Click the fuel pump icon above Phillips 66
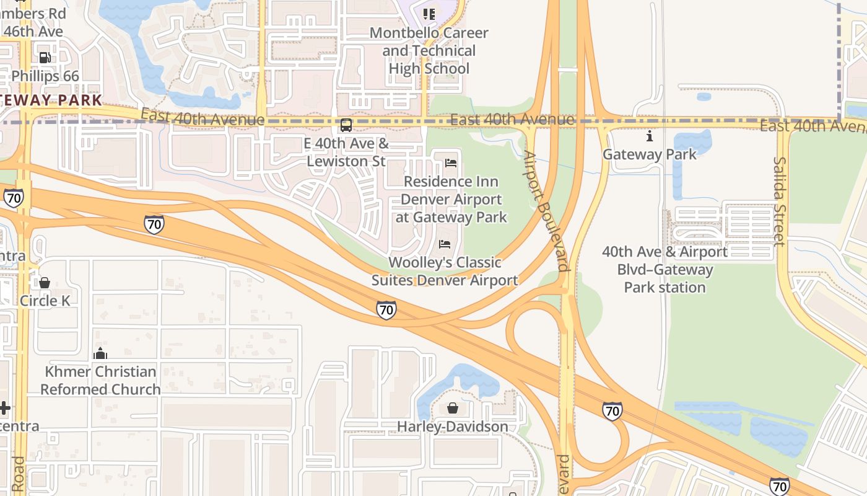point(45,58)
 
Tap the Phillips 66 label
point(45,76)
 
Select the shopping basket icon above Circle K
point(45,283)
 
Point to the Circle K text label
point(45,301)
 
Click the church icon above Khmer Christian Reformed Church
point(100,353)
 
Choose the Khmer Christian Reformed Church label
point(100,381)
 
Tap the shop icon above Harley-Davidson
point(453,408)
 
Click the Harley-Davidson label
point(453,427)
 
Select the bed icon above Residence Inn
point(451,163)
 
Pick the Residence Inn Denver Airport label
point(451,199)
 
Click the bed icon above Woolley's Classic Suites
point(445,244)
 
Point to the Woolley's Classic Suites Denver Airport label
point(445,272)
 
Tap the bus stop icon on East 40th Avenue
point(346,125)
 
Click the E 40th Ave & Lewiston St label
point(346,153)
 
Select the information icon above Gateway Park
point(649,136)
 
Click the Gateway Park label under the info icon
point(649,154)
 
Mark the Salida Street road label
point(779,201)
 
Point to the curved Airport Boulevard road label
point(546,210)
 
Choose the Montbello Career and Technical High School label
point(429,51)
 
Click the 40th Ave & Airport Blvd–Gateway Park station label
point(664,270)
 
